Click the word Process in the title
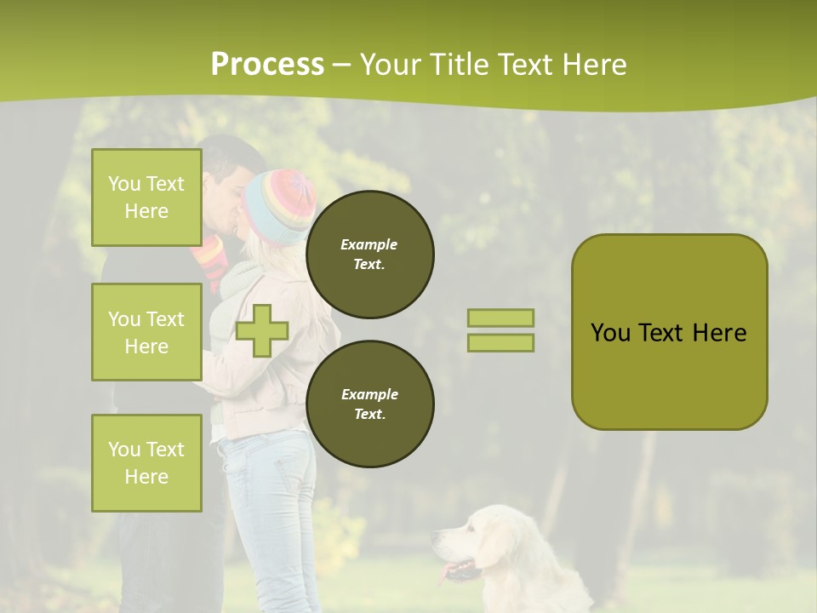click(267, 65)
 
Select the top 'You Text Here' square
click(146, 198)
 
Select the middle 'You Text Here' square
click(146, 332)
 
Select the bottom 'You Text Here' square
click(146, 462)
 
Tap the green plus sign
click(262, 330)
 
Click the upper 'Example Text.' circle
click(370, 255)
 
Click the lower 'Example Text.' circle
click(370, 404)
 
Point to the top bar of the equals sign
click(500, 318)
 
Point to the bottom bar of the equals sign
click(500, 342)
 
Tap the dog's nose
click(436, 537)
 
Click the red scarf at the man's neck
click(209, 255)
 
